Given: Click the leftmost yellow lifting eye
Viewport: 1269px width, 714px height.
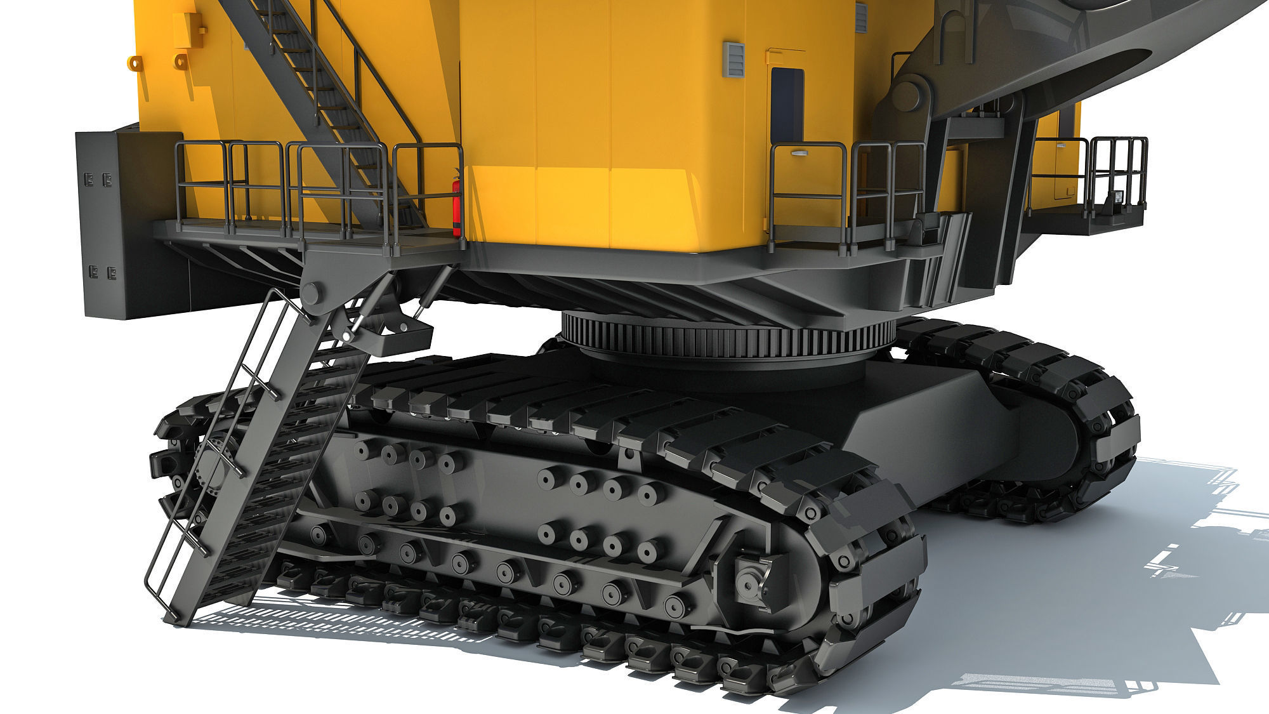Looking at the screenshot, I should click(x=134, y=62).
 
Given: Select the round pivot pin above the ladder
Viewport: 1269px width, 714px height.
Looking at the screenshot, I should click(x=311, y=294).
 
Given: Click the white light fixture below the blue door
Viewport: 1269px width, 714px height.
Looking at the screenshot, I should click(x=796, y=153).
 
